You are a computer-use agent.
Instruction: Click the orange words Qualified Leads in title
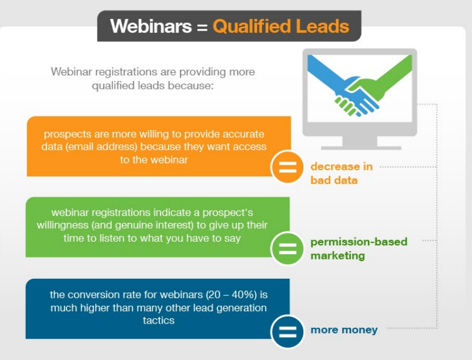[x=281, y=26]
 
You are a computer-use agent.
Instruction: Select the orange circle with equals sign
[x=287, y=167]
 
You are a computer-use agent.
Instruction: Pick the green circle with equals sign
[x=287, y=249]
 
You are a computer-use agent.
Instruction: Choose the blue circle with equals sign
[x=287, y=331]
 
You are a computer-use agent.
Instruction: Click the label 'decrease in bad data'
[x=341, y=174]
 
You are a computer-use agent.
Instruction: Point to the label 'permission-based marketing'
[x=359, y=249]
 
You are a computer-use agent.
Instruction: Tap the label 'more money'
[x=344, y=329]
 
